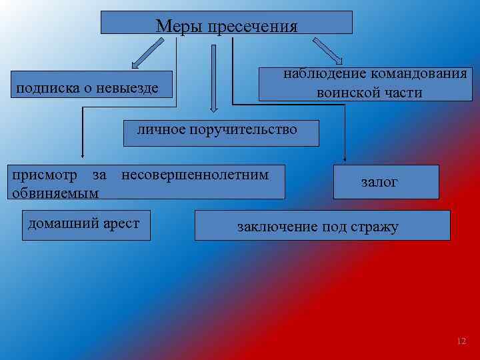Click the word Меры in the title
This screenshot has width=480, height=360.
pos(179,27)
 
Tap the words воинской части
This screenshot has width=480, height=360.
pos(369,93)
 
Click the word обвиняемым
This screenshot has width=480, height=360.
pos(55,193)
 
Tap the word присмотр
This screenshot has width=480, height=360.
pos(46,175)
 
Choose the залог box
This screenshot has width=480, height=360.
pos(387,182)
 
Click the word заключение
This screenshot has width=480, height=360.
pos(277,227)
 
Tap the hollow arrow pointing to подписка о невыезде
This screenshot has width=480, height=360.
pos(146,53)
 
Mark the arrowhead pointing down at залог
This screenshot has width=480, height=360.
pos(345,159)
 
